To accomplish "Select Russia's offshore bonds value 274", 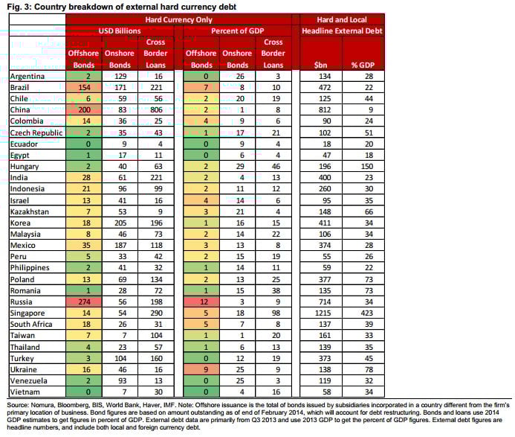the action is click(x=85, y=302).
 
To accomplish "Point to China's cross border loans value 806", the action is click(x=156, y=110).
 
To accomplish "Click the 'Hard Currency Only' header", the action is click(x=178, y=20).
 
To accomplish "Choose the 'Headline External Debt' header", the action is click(x=342, y=31).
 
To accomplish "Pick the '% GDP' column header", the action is click(x=363, y=66).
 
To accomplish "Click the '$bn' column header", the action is click(x=320, y=66).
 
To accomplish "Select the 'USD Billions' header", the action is click(x=120, y=31).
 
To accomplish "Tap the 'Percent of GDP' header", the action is click(x=238, y=31).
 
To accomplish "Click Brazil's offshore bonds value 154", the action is click(x=85, y=88).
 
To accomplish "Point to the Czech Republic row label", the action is click(x=36, y=133).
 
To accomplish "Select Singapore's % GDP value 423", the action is click(x=367, y=313).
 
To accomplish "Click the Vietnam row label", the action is click(x=25, y=392).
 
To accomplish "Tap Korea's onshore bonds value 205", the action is click(x=120, y=223).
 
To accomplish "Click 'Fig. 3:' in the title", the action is click(x=19, y=7).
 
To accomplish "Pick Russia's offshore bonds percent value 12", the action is click(x=204, y=302).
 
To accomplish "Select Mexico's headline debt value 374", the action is click(x=325, y=246).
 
